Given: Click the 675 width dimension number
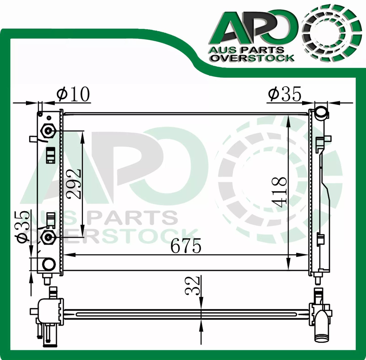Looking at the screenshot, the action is [x=185, y=246].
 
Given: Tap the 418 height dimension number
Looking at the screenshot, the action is [x=279, y=192].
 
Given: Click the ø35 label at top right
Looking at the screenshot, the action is [x=284, y=94].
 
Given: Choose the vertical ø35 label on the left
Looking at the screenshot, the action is [x=23, y=227].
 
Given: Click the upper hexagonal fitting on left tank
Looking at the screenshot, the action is [x=48, y=131].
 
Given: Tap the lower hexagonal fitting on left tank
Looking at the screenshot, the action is [x=48, y=238].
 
